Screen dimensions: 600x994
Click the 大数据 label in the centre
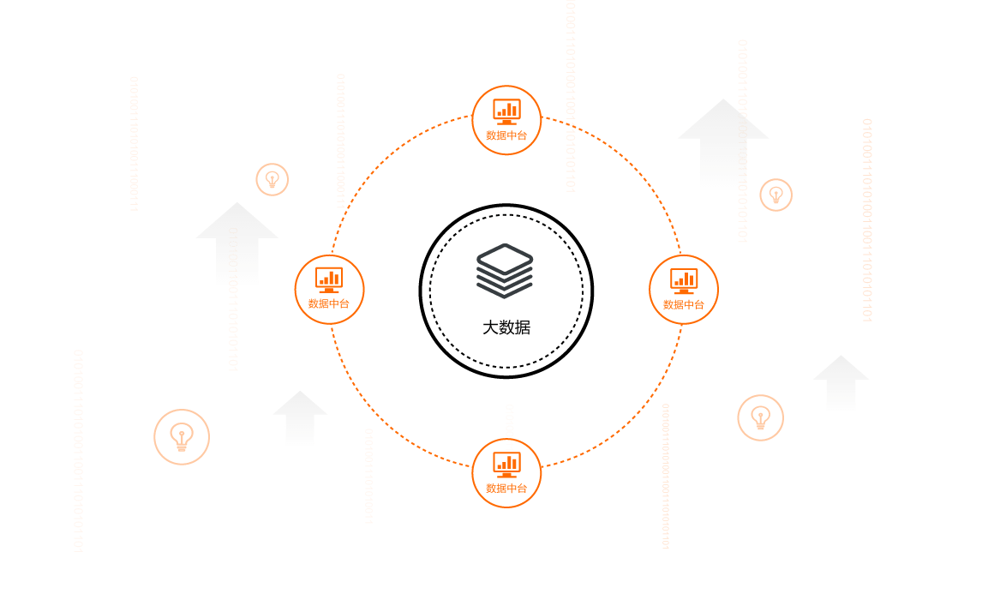tap(506, 327)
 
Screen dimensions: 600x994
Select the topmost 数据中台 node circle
tap(506, 120)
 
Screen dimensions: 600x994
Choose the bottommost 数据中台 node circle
tap(506, 473)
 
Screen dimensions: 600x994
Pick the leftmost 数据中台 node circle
tap(329, 290)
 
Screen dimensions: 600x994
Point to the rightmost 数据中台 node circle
tap(684, 290)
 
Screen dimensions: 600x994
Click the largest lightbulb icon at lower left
tap(182, 437)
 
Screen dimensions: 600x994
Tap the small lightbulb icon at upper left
tap(272, 179)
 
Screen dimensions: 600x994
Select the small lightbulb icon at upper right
tap(776, 195)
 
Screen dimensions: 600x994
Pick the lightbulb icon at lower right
tap(760, 418)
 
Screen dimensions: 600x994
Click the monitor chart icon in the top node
tap(506, 111)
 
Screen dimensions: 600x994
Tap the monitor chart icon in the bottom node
tap(506, 465)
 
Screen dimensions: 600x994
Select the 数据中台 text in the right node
tap(684, 305)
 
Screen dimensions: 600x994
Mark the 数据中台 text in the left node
tap(329, 304)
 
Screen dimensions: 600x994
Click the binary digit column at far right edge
tap(867, 220)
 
